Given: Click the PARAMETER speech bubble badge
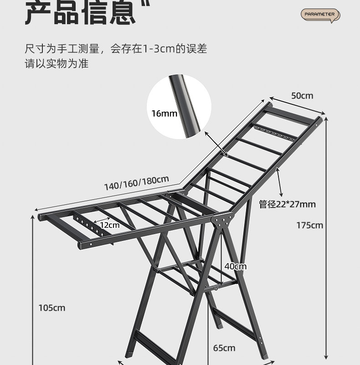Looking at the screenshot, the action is click(x=320, y=15).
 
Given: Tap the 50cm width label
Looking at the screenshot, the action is click(x=302, y=95).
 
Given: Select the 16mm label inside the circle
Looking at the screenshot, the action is click(x=164, y=113).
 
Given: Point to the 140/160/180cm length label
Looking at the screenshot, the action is click(x=137, y=183).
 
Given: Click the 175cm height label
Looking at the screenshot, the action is click(x=310, y=225).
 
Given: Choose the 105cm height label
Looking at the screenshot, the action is click(x=52, y=308).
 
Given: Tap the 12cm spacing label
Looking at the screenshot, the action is click(x=110, y=225).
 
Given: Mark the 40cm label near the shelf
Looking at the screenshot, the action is click(x=235, y=266).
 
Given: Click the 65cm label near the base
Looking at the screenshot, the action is click(x=224, y=348).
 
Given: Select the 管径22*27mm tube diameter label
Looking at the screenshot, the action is click(x=287, y=204).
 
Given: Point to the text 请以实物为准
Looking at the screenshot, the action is click(x=57, y=63).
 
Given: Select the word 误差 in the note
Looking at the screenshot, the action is click(x=197, y=49).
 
